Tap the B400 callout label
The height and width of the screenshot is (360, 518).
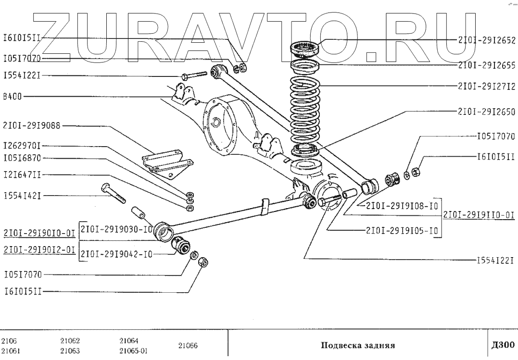point(12,96)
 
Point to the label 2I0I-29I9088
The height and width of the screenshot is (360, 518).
point(32,126)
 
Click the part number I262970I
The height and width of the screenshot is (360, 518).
point(22,145)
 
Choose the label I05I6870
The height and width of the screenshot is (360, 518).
point(22,157)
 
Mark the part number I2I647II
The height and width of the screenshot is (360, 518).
point(22,175)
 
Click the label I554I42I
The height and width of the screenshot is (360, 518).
point(22,196)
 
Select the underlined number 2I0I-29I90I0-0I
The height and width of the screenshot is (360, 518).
point(39,234)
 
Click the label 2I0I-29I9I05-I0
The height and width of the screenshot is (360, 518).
point(402,230)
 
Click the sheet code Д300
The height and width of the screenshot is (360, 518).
point(503,345)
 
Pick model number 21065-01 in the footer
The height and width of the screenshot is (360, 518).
point(133,350)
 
